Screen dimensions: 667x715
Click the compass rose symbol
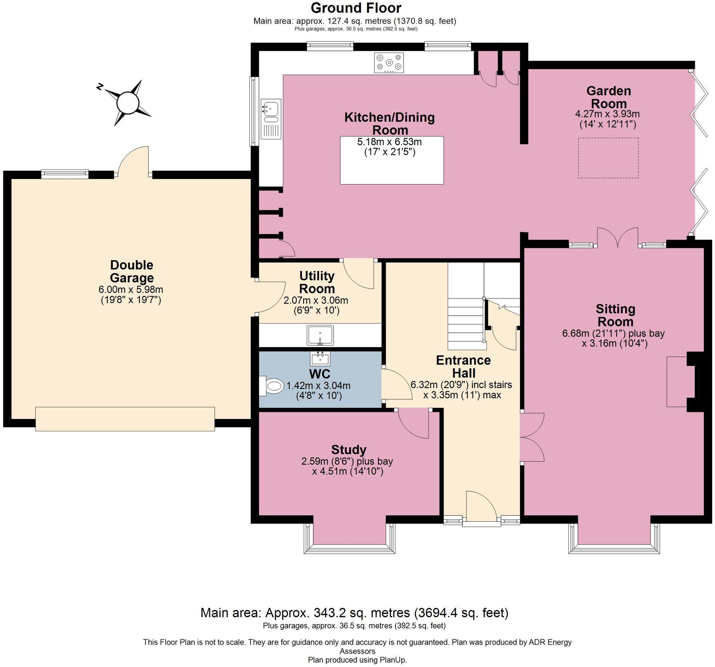click(x=128, y=103)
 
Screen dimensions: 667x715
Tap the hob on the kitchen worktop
click(x=389, y=63)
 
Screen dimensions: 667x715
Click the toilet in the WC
click(x=273, y=386)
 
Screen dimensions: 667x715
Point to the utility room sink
click(x=320, y=335)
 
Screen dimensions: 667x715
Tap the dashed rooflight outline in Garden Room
click(x=608, y=158)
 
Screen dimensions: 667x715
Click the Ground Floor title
click(x=356, y=8)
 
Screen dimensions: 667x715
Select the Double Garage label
click(x=132, y=271)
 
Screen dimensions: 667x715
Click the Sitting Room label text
click(x=615, y=315)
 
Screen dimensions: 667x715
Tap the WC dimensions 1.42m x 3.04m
click(x=318, y=386)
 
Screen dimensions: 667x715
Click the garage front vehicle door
click(x=125, y=419)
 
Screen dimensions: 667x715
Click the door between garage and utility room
click(x=270, y=297)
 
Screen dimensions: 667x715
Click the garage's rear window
click(x=65, y=174)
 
